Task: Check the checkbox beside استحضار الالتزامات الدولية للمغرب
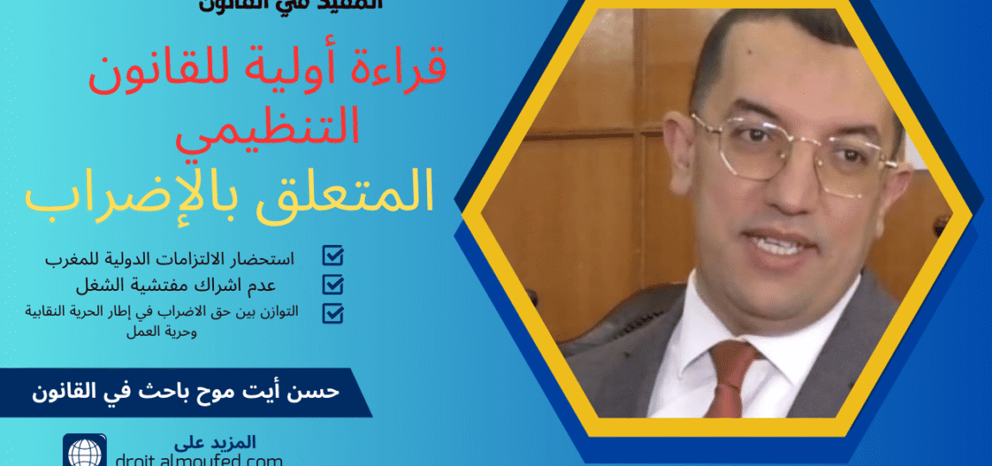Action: (332, 255)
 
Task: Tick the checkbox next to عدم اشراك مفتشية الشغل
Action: (332, 284)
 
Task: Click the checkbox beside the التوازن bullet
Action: (332, 313)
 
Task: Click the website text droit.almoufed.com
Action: (200, 459)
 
